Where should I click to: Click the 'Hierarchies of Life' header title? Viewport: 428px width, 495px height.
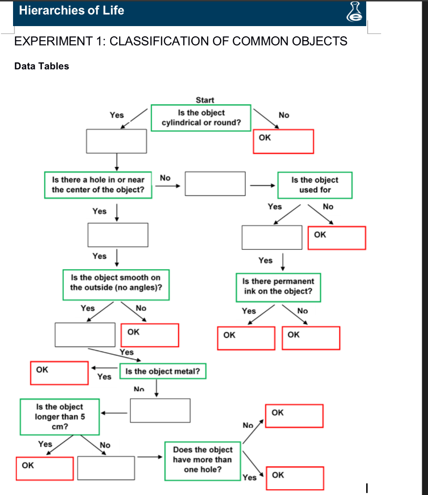pos(71,11)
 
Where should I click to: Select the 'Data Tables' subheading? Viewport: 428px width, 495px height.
pos(42,66)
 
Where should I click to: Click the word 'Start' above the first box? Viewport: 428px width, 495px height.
pos(205,100)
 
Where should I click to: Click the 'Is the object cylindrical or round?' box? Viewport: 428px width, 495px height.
pos(201,117)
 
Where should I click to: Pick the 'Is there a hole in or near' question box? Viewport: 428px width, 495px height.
pos(98,185)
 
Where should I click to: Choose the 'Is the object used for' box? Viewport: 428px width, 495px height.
pos(314,185)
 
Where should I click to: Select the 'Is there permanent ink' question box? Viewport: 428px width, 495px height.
pos(278,286)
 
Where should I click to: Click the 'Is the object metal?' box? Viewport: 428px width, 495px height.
pos(162,371)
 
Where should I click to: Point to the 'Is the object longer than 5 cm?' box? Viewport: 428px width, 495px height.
pos(59,417)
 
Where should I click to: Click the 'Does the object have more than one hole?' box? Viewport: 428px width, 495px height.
pos(202,460)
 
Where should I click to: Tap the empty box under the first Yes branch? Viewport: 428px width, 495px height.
pos(116,141)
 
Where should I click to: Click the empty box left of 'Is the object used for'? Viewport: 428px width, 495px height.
pos(215,184)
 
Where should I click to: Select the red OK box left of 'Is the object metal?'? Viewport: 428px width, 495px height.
pos(59,373)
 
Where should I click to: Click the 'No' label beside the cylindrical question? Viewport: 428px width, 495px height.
pos(284,115)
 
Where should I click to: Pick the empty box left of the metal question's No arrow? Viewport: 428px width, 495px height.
pos(160,410)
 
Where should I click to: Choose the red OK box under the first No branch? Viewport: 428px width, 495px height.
pos(284,141)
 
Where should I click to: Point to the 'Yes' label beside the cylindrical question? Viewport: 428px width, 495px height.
pos(116,115)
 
